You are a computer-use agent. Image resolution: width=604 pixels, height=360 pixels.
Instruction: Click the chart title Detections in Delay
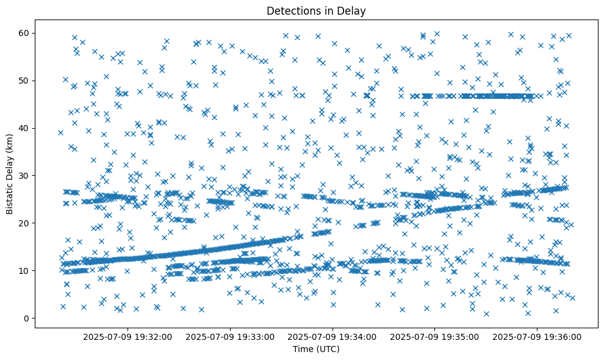pyautogui.click(x=316, y=10)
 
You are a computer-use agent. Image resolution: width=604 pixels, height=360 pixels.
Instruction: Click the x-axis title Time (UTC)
pyautogui.click(x=316, y=349)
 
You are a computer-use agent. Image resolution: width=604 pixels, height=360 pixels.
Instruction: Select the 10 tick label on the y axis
pyautogui.click(x=26, y=270)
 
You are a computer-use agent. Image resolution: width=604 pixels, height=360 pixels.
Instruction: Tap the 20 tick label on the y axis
pyautogui.click(x=26, y=223)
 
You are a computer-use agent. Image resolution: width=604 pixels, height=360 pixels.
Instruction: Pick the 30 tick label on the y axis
pyautogui.click(x=26, y=175)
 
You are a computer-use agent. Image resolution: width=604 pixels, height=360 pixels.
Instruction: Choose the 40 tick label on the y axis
pyautogui.click(x=26, y=128)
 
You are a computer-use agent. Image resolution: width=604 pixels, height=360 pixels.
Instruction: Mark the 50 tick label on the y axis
pyautogui.click(x=26, y=81)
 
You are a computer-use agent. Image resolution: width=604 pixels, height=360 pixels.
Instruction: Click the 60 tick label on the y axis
pyautogui.click(x=26, y=33)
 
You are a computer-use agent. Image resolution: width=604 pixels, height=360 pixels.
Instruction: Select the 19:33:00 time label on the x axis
pyautogui.click(x=231, y=336)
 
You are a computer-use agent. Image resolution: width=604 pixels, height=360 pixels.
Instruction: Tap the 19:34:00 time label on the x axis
pyautogui.click(x=333, y=336)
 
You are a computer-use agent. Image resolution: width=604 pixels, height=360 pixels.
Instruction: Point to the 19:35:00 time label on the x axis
pyautogui.click(x=435, y=336)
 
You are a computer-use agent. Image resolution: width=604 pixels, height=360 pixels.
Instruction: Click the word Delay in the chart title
pyautogui.click(x=353, y=10)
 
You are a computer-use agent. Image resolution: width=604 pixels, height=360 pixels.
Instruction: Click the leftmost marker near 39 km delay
pyautogui.click(x=60, y=132)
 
